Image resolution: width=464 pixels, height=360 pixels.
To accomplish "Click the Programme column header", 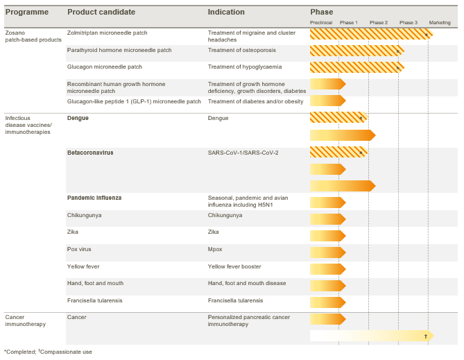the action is [27, 12].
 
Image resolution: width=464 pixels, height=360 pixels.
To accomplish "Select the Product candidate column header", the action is [101, 12].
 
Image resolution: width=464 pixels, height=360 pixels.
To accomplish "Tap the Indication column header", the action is [226, 12].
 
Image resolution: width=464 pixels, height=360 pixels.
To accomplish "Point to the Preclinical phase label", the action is [321, 23].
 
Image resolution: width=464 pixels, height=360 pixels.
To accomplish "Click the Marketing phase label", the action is [440, 23].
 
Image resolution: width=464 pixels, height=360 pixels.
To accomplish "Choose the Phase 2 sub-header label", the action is [379, 23].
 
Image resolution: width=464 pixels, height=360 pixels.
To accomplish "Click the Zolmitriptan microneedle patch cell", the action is [107, 33].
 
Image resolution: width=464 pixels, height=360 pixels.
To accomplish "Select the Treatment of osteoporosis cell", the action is [242, 50].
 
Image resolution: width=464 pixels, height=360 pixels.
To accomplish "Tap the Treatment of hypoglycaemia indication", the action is [245, 67].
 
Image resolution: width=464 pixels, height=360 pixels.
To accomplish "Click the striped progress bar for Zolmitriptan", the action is [372, 35].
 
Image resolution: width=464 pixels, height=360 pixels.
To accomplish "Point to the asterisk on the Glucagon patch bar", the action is [398, 69].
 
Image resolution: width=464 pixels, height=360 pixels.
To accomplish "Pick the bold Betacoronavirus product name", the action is [90, 153].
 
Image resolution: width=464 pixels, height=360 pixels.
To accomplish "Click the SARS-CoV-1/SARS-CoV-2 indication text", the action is [243, 153].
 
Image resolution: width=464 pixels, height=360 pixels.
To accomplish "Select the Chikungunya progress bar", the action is [328, 219].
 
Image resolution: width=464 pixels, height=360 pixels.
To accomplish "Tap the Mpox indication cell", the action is [215, 249].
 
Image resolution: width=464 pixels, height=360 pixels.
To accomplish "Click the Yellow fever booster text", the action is [234, 266].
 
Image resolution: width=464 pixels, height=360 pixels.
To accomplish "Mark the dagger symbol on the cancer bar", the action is [426, 336].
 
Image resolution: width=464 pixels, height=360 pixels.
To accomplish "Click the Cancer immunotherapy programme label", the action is [26, 320].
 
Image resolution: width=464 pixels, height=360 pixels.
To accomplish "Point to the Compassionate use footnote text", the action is [65, 352].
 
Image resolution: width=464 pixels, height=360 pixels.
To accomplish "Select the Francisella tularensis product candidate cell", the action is [95, 300].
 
